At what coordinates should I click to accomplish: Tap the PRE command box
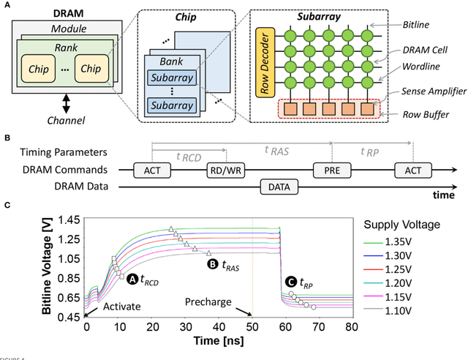[331, 171]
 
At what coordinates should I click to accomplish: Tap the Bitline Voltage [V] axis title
[46, 268]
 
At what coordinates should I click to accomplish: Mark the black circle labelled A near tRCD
[133, 279]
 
